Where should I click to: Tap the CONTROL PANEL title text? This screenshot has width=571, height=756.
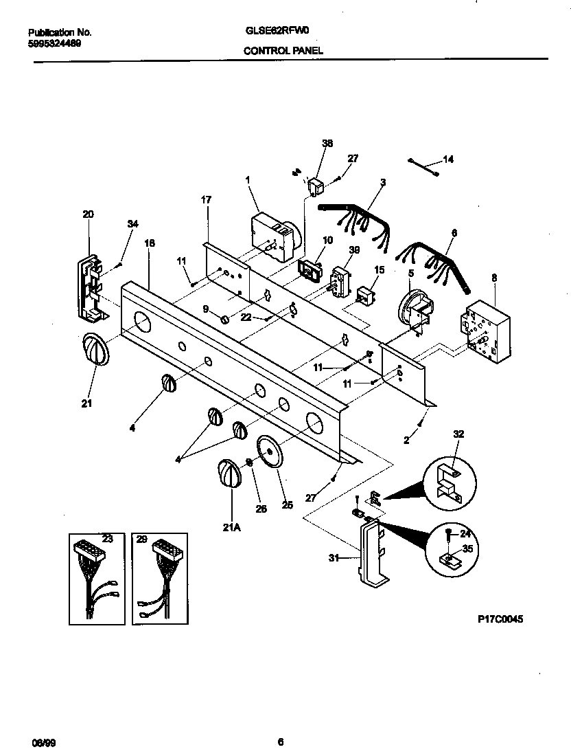pyautogui.click(x=282, y=50)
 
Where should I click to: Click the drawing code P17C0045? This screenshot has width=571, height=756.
pyautogui.click(x=500, y=619)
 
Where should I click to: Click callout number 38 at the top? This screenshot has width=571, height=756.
pyautogui.click(x=327, y=144)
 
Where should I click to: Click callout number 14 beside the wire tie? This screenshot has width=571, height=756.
pyautogui.click(x=447, y=159)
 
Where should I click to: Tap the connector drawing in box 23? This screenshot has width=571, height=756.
pyautogui.click(x=97, y=577)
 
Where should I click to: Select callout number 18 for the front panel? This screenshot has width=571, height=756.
pyautogui.click(x=149, y=243)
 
